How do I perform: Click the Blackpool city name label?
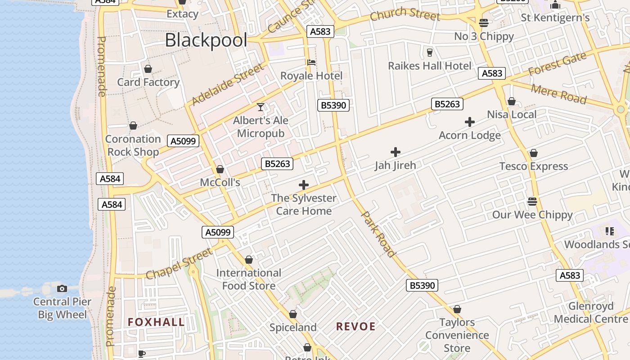point(206,40)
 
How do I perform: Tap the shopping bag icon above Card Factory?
point(148,69)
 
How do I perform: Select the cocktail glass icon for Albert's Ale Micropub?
point(261,107)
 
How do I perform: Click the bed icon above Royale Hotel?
point(311,62)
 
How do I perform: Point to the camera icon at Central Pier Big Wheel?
point(62,288)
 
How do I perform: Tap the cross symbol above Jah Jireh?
point(396,152)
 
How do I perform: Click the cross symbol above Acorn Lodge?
point(470,122)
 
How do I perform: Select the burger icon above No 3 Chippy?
point(484,22)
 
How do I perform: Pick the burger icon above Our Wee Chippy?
point(532,201)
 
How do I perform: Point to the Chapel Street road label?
point(179,264)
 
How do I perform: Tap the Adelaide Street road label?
point(227,85)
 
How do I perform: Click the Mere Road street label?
point(559,94)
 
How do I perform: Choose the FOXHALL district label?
point(156,322)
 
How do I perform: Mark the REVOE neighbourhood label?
point(355,327)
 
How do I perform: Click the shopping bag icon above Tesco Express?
point(534,153)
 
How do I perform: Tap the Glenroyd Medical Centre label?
point(590,313)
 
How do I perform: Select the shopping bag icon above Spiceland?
point(293,314)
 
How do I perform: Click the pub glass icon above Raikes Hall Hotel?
point(429,52)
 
